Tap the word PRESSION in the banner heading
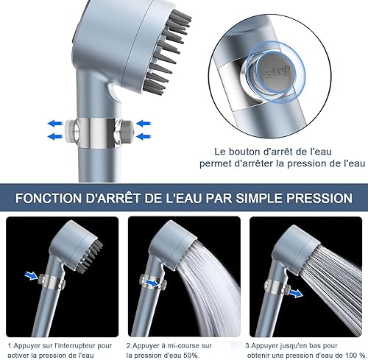(314, 199)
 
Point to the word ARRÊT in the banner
(130, 199)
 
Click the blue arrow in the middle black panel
(150, 280)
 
